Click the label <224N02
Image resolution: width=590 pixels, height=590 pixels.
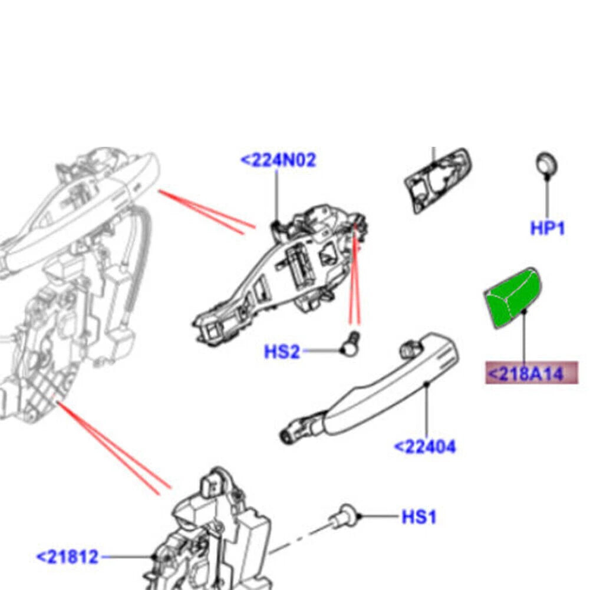[x=278, y=160]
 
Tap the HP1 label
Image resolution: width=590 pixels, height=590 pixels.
[x=547, y=228]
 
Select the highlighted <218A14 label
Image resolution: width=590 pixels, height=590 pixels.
[x=531, y=373]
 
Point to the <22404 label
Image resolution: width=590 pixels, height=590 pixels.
[x=425, y=447]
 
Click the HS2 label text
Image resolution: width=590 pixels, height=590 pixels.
[x=282, y=352]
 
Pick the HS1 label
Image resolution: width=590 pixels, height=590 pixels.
[x=419, y=517]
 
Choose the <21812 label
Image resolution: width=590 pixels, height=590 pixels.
[x=68, y=557]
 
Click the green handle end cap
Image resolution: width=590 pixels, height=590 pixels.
[x=512, y=297]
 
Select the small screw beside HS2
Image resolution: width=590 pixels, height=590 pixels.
[x=351, y=343]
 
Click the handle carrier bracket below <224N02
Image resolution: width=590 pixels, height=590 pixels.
[x=281, y=275]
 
